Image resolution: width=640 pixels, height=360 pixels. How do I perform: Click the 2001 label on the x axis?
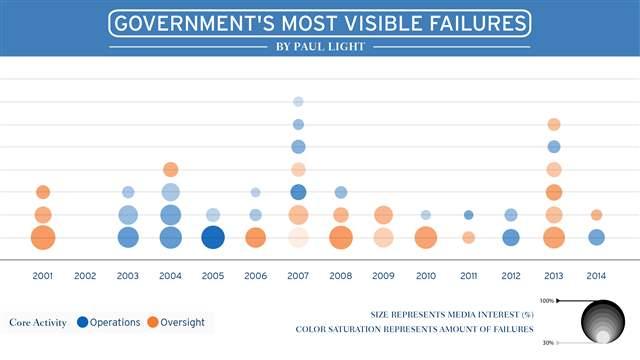tap(42, 275)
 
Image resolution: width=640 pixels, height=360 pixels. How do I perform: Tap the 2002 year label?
tap(85, 275)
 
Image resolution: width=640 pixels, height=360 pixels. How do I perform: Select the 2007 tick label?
tap(297, 275)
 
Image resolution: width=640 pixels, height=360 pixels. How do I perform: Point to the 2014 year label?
tap(596, 275)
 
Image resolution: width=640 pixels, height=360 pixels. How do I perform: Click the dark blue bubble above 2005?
tap(212, 237)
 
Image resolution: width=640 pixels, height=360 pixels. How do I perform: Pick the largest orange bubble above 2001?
tap(42, 237)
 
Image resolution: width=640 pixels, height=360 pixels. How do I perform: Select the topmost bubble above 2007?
tap(298, 101)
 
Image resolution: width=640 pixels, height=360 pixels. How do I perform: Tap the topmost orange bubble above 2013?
tap(554, 124)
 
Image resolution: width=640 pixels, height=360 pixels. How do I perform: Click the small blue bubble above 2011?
tap(468, 214)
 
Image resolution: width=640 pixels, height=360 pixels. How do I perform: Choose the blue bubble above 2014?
tap(596, 237)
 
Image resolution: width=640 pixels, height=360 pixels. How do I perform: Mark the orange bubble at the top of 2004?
tap(170, 169)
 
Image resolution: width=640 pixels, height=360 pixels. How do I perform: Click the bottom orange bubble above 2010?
tap(426, 237)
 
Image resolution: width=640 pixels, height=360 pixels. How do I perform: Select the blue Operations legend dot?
tap(83, 322)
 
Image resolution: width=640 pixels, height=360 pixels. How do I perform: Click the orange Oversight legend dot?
tap(153, 322)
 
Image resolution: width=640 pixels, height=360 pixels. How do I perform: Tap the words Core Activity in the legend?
tap(38, 322)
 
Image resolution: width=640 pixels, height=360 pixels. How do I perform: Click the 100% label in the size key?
tap(547, 300)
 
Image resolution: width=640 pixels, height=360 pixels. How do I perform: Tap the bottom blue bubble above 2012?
tap(511, 237)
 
